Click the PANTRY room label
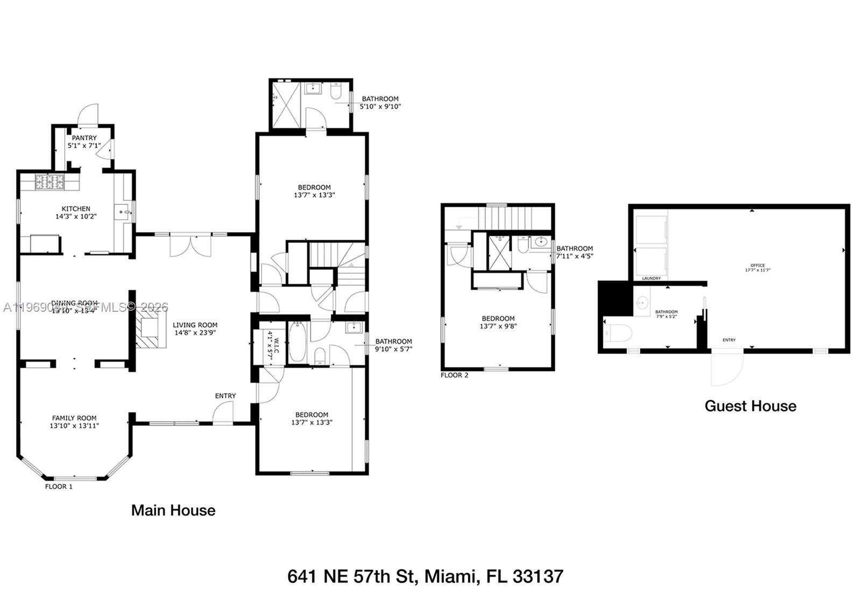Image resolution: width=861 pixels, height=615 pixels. (84, 138)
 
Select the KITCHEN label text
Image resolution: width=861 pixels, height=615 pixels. (76, 209)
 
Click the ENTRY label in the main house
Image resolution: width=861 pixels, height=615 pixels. (225, 396)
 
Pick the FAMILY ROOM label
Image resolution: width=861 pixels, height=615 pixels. (74, 418)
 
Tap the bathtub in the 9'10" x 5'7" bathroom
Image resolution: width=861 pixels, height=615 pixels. (297, 343)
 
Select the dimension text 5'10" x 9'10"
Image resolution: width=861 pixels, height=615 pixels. (380, 107)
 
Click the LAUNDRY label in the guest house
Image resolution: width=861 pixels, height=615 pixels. (651, 278)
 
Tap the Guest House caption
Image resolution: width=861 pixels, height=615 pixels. (750, 406)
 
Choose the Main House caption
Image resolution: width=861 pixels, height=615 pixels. (173, 511)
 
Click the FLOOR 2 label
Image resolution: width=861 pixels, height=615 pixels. (454, 375)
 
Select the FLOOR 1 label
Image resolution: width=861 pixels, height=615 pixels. (59, 486)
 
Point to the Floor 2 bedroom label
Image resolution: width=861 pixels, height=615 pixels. (498, 318)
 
